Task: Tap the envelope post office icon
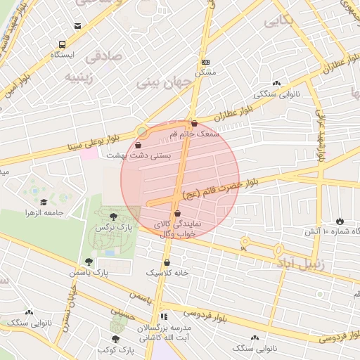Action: (77, 26)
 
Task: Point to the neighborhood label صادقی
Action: (103, 55)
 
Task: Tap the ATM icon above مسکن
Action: (205, 62)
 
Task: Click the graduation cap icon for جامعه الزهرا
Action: (44, 202)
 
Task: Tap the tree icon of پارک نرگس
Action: (114, 216)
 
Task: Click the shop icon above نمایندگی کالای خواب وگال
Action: (176, 212)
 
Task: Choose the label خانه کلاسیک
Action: (167, 271)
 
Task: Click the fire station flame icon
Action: (340, 221)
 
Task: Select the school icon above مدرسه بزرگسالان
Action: (165, 316)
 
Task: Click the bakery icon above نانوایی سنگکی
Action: (276, 83)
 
